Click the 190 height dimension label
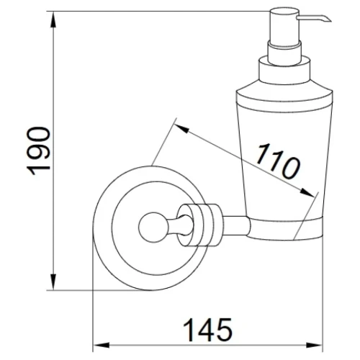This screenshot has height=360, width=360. coord(38,151)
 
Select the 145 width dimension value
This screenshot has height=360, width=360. coord(208,330)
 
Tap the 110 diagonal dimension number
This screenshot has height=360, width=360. coord(279,161)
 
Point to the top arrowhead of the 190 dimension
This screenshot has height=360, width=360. coord(54,19)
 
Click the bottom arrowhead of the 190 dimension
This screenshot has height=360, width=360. coord(54,282)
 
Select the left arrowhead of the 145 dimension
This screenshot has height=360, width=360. coord(101,346)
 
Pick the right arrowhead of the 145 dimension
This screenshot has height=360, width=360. coord(314,346)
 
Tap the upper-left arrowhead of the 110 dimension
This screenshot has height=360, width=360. coord(181,128)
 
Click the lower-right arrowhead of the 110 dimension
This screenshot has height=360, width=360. coord(307,192)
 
